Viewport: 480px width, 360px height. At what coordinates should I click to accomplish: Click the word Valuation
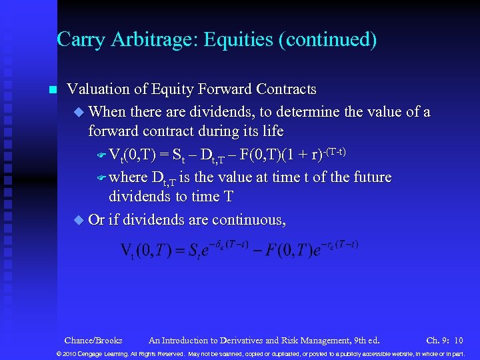[99, 89]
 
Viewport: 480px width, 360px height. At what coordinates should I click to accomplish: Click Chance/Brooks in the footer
[93, 340]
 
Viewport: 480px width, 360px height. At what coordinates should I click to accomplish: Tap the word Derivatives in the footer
[233, 340]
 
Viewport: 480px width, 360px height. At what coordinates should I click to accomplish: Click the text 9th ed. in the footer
[365, 340]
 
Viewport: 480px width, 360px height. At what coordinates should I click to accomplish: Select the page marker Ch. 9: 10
[445, 340]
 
